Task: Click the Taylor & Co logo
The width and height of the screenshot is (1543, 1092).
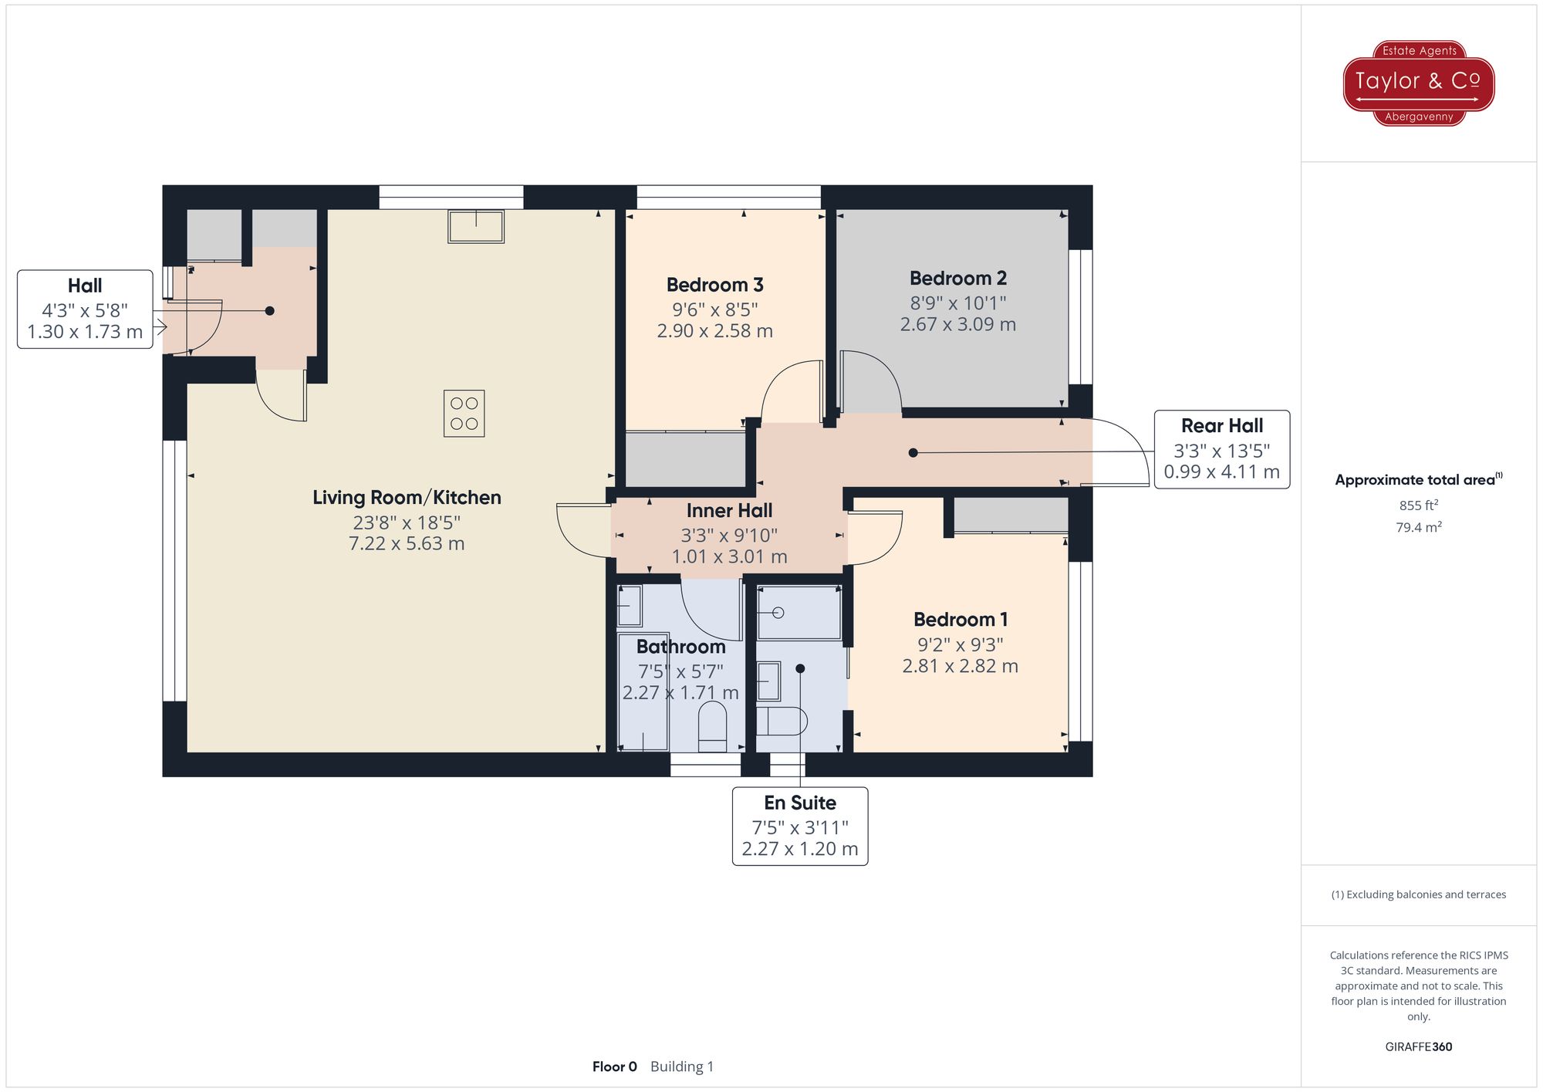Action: pos(1418,83)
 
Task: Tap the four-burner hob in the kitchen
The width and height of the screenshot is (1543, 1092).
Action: pos(464,414)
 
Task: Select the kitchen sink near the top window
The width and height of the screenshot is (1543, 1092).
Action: pos(476,227)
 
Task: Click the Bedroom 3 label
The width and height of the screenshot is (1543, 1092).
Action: pos(714,285)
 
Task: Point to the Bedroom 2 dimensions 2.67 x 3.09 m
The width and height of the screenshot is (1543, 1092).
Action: pos(957,324)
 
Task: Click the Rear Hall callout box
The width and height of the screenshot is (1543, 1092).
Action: pos(1221,449)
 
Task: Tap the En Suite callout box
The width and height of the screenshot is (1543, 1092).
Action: pos(799,826)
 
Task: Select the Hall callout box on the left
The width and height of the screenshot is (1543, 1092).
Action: pos(85,309)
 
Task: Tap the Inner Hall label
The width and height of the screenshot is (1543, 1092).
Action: pos(729,511)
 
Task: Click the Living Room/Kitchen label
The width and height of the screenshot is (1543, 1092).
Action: pos(407,498)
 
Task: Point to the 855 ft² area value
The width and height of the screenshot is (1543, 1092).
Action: pos(1418,505)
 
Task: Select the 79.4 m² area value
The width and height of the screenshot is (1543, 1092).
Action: pos(1418,527)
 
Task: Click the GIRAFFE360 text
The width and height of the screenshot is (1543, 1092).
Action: pos(1418,1046)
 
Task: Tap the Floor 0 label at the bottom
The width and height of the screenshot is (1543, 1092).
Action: pos(614,1067)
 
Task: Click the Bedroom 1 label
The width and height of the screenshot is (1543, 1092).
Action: pos(960,620)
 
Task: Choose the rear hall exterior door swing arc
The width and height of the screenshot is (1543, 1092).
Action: pos(1130,448)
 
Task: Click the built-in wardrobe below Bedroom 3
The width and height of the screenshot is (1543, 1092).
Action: pos(684,460)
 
